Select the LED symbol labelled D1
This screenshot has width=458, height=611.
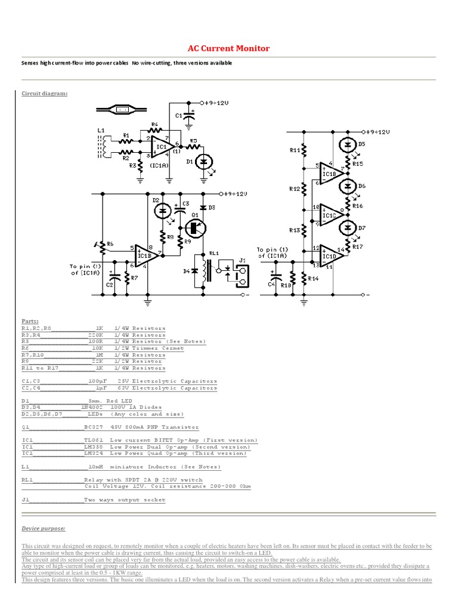(205, 162)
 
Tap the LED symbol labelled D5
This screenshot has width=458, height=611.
(348, 145)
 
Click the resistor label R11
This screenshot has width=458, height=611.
(295, 150)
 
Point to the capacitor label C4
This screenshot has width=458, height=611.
(271, 285)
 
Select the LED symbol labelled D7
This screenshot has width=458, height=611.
(348, 228)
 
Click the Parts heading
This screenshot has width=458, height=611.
(30, 321)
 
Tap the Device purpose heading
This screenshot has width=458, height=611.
(44, 529)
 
